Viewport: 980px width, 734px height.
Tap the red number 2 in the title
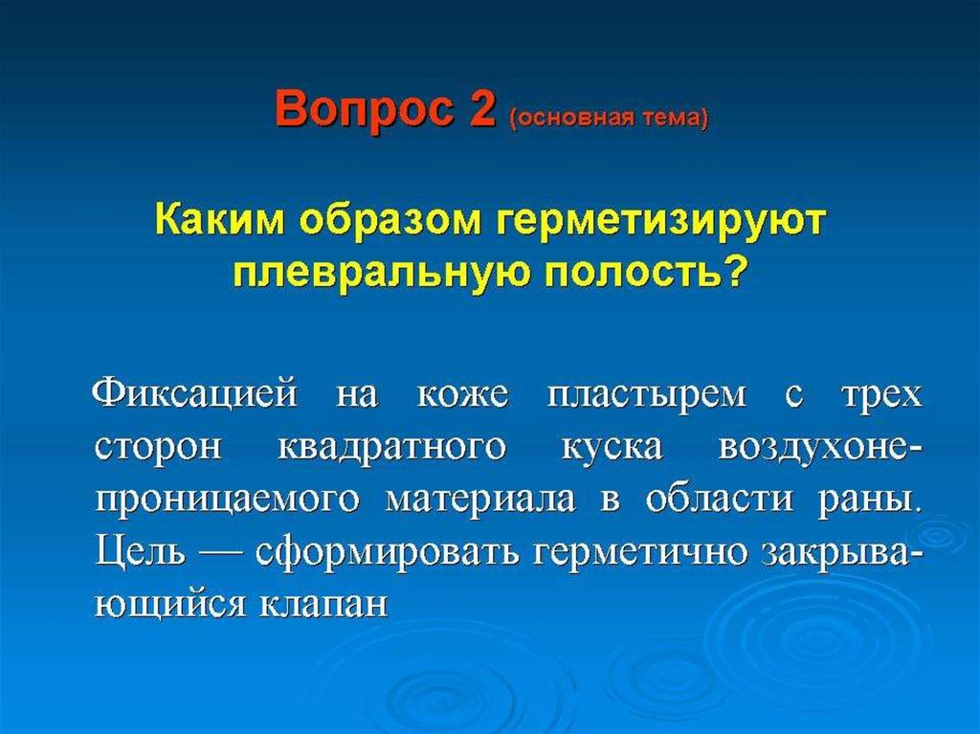pos(480,107)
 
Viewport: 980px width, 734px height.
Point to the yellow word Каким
pos(221,221)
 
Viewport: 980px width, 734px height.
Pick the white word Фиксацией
pos(194,393)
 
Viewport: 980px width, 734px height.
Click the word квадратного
pos(390,448)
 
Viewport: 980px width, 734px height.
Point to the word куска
pos(612,448)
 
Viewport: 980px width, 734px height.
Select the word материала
pos(480,500)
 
